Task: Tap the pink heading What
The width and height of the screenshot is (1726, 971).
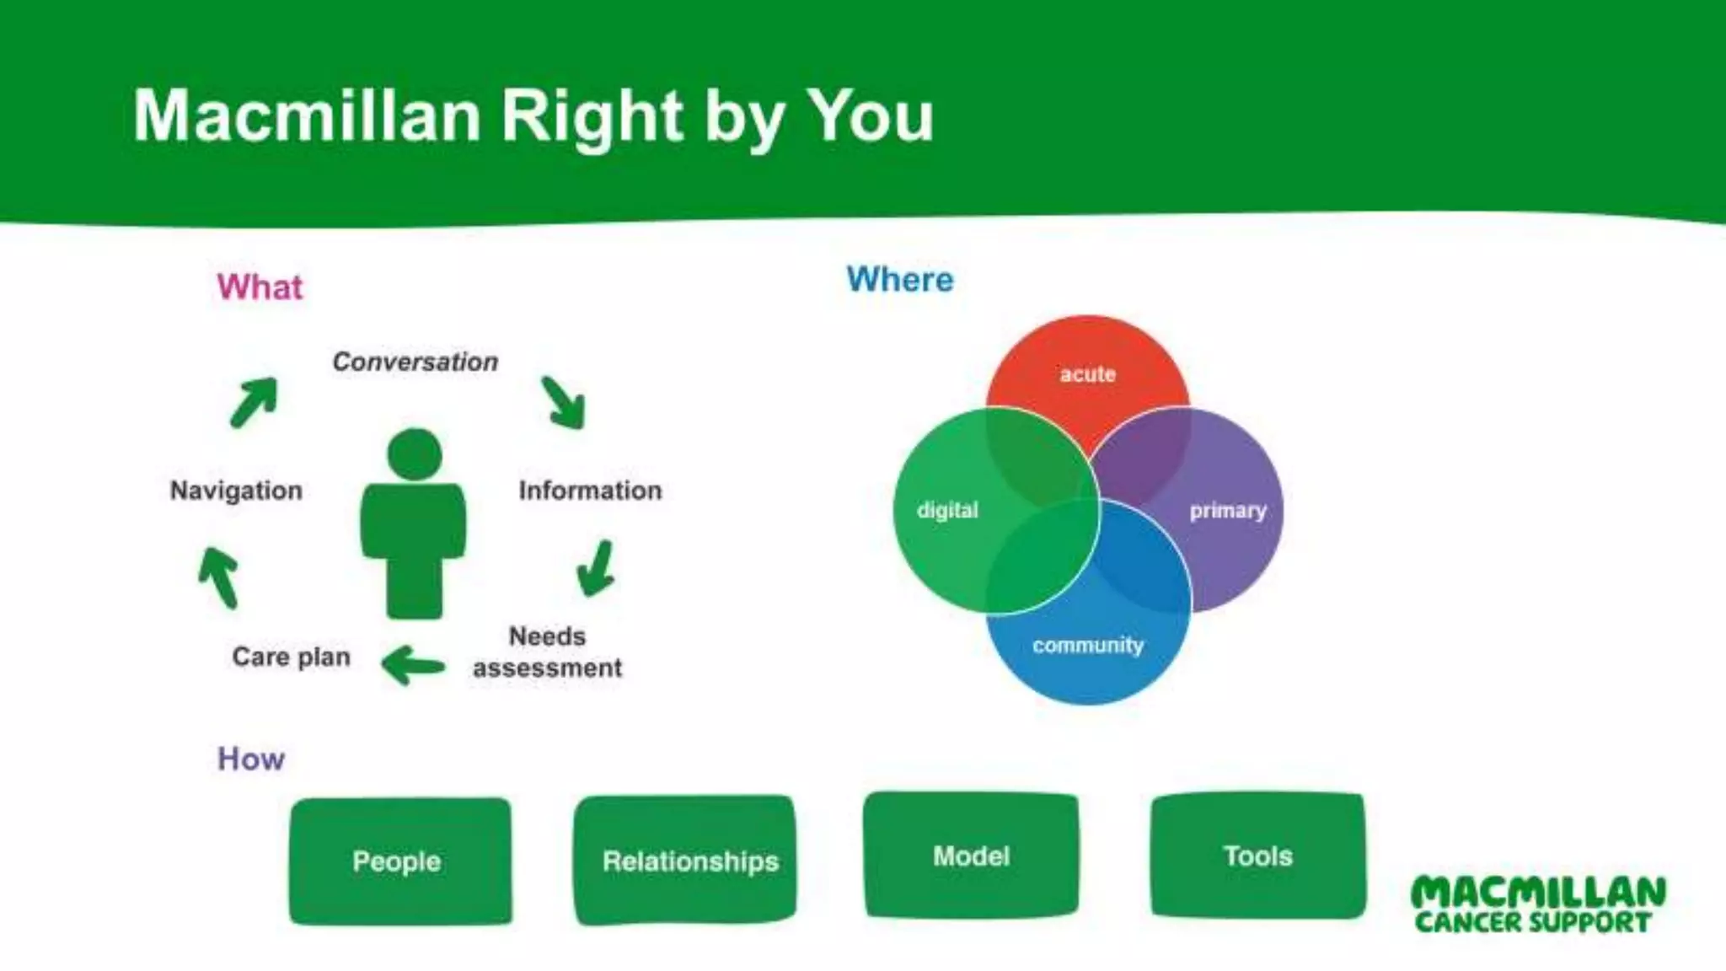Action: point(260,287)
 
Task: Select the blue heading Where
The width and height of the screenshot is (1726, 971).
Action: point(900,280)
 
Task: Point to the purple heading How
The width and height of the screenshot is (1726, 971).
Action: point(251,759)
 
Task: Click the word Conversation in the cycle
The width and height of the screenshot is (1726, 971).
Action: point(415,362)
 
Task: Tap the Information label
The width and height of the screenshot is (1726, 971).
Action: point(590,491)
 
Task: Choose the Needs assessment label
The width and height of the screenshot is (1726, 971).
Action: point(547,652)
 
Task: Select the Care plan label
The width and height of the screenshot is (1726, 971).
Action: point(291,657)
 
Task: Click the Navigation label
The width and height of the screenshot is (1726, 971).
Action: point(236,491)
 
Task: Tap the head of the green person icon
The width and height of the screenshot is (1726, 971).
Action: point(415,453)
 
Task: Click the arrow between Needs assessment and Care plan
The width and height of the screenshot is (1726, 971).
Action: point(412,665)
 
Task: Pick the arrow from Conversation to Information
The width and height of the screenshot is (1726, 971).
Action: point(564,402)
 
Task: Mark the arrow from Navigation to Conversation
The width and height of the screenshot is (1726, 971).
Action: point(254,402)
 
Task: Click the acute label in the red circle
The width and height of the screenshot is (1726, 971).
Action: point(1087,374)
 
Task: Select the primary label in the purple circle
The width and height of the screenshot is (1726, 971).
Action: point(1227,511)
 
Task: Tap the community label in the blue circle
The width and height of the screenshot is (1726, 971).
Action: point(1087,646)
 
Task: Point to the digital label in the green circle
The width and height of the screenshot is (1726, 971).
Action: point(947,511)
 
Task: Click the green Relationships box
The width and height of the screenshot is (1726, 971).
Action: point(685,861)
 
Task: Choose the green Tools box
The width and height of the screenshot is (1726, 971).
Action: point(1257,856)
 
